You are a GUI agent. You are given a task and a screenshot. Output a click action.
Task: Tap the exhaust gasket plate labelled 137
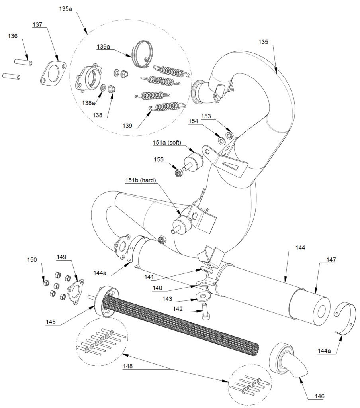click(x=53, y=73)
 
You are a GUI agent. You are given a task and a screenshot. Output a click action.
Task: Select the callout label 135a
click(x=65, y=9)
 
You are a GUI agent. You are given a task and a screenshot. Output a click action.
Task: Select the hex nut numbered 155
click(x=179, y=173)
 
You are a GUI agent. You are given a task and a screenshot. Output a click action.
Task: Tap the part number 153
click(x=217, y=116)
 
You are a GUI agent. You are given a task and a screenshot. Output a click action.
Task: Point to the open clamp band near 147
click(x=344, y=318)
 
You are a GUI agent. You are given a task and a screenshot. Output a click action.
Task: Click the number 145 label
click(x=51, y=322)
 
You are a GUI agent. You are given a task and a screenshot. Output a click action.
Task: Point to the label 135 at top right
click(x=263, y=42)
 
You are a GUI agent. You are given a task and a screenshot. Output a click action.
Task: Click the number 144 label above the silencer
click(x=300, y=247)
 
